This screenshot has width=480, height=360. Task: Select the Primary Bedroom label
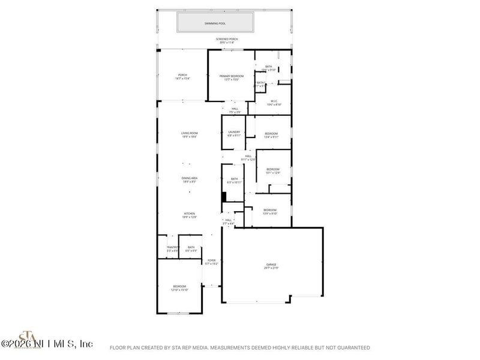coord(231,76)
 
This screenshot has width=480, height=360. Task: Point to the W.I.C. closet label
coord(274,101)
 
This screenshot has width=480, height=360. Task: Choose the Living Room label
coord(190,133)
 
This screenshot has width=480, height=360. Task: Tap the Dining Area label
coord(190,178)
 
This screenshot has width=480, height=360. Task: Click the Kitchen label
coord(190,214)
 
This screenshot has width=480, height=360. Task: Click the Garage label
coord(272,264)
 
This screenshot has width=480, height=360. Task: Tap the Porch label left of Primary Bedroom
coord(182,75)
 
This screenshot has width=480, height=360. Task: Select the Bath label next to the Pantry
coord(191,247)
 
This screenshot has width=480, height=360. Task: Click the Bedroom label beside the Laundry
coord(271,133)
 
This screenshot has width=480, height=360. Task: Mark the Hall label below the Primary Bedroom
coord(235,109)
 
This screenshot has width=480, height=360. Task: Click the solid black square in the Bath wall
coord(224,196)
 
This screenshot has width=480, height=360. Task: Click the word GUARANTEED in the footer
coord(352,347)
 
